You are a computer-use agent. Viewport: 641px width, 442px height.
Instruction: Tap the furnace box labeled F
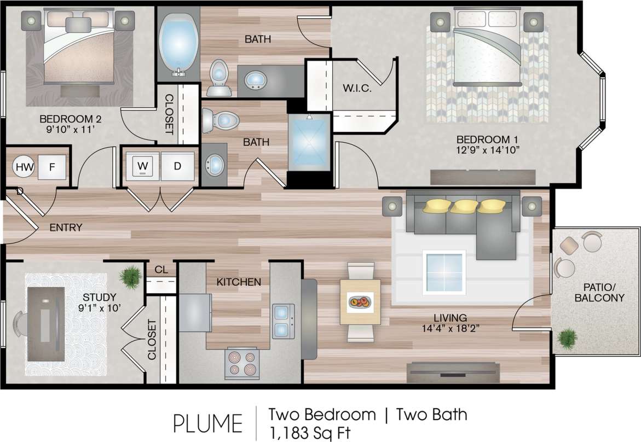pos(53,167)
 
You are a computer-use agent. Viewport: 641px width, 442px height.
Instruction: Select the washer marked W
pos(143,166)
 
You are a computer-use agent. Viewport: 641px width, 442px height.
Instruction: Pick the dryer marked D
pos(177,166)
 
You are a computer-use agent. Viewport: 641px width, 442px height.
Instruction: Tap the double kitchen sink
pos(283,321)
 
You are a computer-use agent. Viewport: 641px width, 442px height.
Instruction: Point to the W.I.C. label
pos(357,89)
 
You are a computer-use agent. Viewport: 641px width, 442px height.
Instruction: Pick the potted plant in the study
pos(131,276)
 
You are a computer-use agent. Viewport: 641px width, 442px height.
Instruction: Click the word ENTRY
pos(65,228)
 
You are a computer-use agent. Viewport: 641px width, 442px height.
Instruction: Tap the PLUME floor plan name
pos(207,423)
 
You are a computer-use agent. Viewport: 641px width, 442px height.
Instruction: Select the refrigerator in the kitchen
pos(195,312)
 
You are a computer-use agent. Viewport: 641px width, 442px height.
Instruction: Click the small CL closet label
pos(161,270)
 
